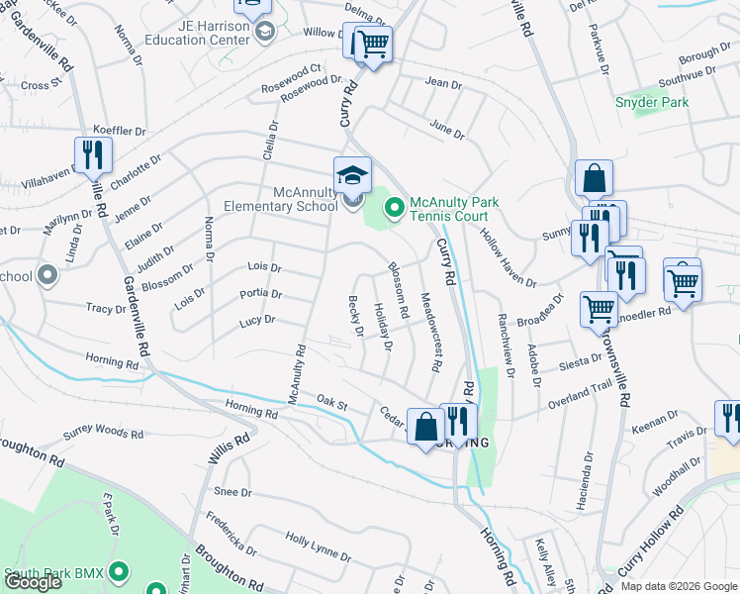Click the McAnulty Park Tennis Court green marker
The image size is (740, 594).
394,207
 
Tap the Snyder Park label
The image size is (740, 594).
651,102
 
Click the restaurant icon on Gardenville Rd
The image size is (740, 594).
93,155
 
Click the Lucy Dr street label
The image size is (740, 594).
256,321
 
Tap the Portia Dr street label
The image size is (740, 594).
261,294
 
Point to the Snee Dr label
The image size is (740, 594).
233,492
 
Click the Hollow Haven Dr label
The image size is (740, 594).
508,253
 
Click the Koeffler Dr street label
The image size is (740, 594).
120,131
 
